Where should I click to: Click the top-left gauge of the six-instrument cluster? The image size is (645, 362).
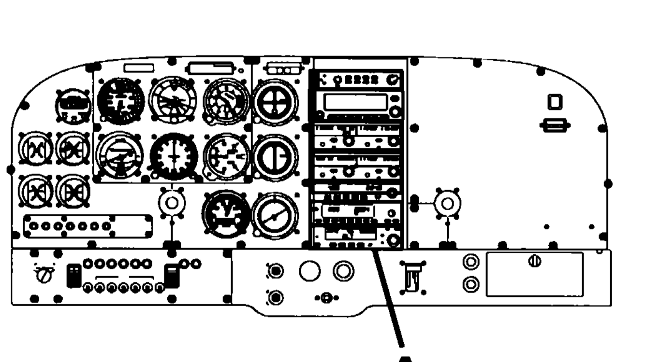(120, 101)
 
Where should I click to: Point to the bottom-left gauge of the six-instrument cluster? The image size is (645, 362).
(119, 155)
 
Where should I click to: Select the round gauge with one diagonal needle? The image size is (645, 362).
(275, 216)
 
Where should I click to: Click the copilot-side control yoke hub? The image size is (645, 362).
(447, 204)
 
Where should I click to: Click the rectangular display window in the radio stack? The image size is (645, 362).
(355, 102)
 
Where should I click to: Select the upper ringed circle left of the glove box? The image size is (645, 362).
(469, 262)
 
